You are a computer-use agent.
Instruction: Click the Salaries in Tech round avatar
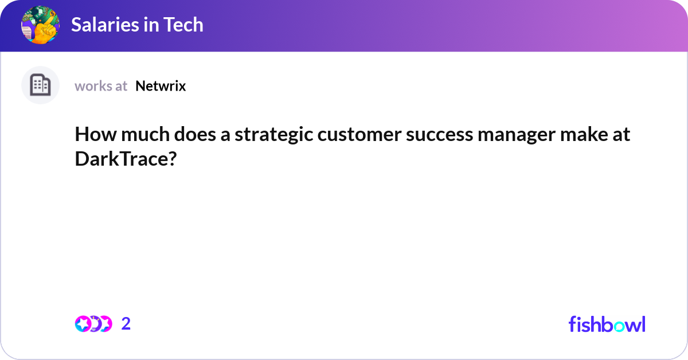[40, 25]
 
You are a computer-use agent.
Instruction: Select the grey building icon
[40, 85]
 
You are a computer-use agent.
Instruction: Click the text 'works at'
[101, 86]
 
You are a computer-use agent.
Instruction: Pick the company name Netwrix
[161, 86]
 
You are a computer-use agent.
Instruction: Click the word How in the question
[91, 135]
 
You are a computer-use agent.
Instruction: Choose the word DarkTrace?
[125, 159]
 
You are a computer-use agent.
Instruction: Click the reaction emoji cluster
[93, 324]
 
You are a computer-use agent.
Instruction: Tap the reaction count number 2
[126, 324]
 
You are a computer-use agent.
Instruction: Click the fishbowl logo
[607, 324]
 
